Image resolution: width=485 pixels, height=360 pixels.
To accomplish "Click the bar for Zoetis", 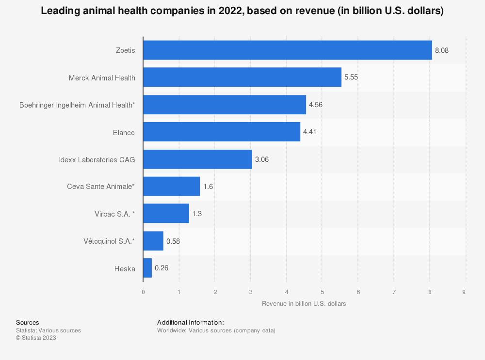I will [x=287, y=50].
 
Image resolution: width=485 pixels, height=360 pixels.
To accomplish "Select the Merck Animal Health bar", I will [x=242, y=77].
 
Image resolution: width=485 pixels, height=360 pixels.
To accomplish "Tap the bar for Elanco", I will [x=221, y=132].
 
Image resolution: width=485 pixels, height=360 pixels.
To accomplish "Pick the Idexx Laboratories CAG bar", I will [x=197, y=159].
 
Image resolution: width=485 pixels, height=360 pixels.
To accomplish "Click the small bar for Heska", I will [x=147, y=268].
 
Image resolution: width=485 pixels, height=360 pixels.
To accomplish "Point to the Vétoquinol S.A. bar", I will [x=153, y=241].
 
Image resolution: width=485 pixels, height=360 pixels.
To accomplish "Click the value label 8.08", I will [x=442, y=50].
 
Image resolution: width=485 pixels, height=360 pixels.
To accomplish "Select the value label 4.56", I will [x=316, y=105].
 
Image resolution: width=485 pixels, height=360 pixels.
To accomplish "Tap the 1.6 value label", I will [x=208, y=187].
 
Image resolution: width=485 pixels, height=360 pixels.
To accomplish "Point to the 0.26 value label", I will [x=162, y=268].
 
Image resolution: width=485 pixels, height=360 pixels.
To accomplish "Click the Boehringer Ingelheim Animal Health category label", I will [x=77, y=105].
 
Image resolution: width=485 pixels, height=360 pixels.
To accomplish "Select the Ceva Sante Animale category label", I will [x=101, y=187].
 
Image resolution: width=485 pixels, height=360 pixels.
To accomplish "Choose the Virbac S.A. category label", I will [x=114, y=214].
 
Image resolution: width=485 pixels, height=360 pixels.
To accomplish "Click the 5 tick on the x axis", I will [x=322, y=292].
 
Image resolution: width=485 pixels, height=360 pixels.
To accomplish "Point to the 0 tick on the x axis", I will [x=143, y=292].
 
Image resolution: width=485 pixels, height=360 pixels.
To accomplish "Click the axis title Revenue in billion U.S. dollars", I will [x=304, y=304].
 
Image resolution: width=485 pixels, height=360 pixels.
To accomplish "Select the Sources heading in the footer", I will [x=28, y=322].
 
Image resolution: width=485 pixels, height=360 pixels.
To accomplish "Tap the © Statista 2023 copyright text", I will [x=36, y=338].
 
